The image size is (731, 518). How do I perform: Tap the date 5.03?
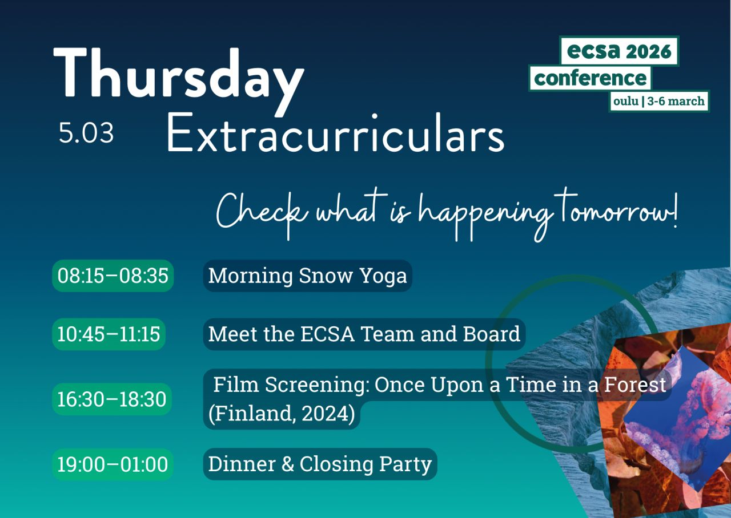(x=86, y=133)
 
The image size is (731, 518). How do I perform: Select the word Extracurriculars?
(x=335, y=132)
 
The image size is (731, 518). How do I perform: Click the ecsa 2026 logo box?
(x=620, y=51)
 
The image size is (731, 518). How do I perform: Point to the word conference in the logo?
(x=591, y=78)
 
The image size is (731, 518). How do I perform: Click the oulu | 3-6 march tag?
(x=659, y=101)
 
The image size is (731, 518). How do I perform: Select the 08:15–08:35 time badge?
(x=113, y=276)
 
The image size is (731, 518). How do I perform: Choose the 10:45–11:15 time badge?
(x=109, y=334)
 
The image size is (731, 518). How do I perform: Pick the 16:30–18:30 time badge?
(x=112, y=399)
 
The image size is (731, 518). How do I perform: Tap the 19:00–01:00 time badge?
(x=113, y=464)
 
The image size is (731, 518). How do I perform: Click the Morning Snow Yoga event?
(x=307, y=276)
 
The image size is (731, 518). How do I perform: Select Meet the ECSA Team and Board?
(x=364, y=334)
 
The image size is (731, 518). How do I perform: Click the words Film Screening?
(x=291, y=385)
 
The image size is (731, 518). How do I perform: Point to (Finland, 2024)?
(x=282, y=414)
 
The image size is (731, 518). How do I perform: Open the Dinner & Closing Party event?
(x=320, y=464)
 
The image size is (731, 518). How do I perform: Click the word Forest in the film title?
(x=635, y=385)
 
